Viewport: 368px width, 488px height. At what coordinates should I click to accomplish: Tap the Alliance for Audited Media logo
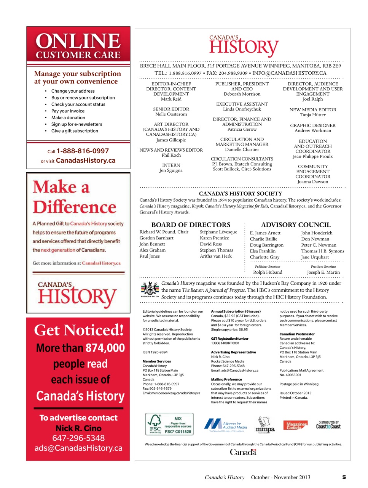pyautogui.click(x=226, y=425)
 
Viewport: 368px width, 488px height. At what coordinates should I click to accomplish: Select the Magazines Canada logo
pyautogui.click(x=295, y=425)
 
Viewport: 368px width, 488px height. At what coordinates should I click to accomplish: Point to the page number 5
pyautogui.click(x=344, y=477)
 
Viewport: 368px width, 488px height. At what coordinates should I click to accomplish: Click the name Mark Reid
pyautogui.click(x=171, y=99)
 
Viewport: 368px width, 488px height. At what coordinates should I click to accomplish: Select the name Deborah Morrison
pyautogui.click(x=242, y=94)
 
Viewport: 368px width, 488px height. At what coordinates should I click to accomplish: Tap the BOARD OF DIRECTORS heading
pyautogui.click(x=191, y=225)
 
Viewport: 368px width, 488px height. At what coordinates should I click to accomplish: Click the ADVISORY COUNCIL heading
pyautogui.click(x=296, y=225)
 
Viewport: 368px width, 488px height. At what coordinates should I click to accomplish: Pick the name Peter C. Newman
pyautogui.click(x=319, y=245)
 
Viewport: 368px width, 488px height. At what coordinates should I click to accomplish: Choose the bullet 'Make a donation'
pyautogui.click(x=68, y=118)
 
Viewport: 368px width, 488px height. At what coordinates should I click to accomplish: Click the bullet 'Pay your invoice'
pyautogui.click(x=68, y=111)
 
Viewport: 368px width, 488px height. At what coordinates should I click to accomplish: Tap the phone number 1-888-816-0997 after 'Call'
pyautogui.click(x=83, y=151)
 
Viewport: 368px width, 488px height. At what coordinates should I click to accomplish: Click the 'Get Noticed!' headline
pyautogui.click(x=79, y=330)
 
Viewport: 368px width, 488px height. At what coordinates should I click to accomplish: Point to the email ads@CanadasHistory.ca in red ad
pyautogui.click(x=78, y=448)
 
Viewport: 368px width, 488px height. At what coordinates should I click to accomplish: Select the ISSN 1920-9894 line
pyautogui.click(x=155, y=352)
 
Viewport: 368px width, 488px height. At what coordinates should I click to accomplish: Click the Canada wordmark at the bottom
pyautogui.click(x=243, y=452)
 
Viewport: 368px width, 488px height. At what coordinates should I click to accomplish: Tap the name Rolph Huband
pyautogui.click(x=268, y=272)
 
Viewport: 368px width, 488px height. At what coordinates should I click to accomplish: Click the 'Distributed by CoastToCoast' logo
pyautogui.click(x=328, y=425)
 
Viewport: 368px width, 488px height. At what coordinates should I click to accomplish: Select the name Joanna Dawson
pyautogui.click(x=312, y=182)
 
